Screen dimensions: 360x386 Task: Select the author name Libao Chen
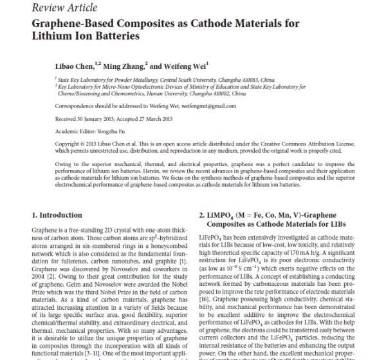[73, 65]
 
